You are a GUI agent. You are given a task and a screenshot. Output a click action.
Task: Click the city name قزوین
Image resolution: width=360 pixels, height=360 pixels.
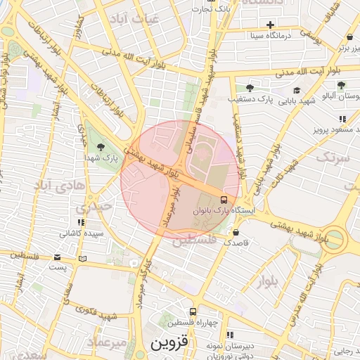tap(169, 345)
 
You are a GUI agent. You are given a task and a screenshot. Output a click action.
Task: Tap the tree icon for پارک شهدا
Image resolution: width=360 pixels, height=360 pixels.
tap(102, 147)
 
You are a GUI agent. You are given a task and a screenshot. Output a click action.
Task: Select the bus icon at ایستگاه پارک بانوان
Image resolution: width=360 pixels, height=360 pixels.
tap(224, 199)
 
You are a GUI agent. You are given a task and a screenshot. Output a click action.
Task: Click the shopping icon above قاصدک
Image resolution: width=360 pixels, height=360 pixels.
tap(235, 231)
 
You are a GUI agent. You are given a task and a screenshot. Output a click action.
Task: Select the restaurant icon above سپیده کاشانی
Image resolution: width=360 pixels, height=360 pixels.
tap(82, 222)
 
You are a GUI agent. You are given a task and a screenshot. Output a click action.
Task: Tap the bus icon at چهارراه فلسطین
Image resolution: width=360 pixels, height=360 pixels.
tap(192, 311)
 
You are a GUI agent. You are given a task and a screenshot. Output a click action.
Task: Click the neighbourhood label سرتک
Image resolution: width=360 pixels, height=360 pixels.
tap(331, 157)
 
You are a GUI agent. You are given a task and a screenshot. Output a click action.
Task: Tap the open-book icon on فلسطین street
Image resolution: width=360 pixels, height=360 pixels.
tap(84, 259)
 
